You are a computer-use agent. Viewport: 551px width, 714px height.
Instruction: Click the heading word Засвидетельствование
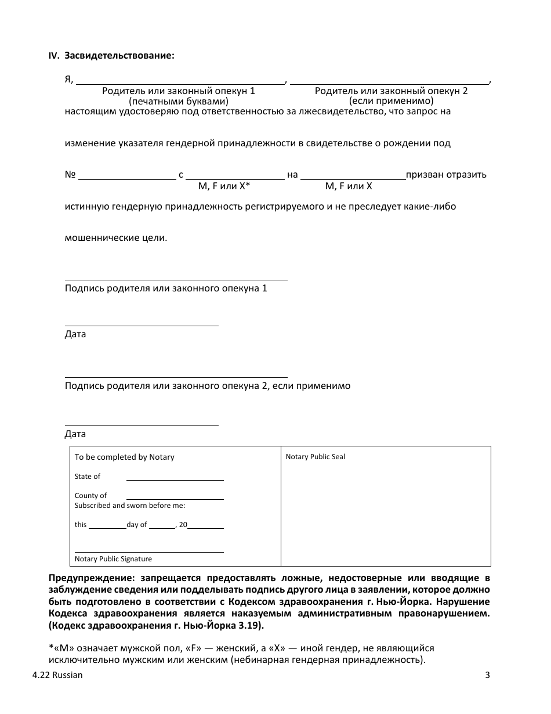pyautogui.click(x=119, y=56)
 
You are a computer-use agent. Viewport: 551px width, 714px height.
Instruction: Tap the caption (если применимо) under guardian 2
pyautogui.click(x=391, y=100)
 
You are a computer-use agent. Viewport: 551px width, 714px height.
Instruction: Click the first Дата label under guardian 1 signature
pyautogui.click(x=75, y=334)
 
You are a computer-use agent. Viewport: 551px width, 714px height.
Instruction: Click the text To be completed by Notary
pyautogui.click(x=124, y=457)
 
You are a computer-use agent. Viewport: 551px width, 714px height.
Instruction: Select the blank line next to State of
pyautogui.click(x=175, y=478)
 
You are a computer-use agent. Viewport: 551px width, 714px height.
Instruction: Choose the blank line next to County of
pyautogui.click(x=175, y=497)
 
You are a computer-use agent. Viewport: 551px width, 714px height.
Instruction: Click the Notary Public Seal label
pyautogui.click(x=315, y=457)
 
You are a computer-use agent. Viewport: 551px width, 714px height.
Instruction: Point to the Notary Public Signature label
pyautogui.click(x=113, y=559)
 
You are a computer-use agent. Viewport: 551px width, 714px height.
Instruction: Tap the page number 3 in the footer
pyautogui.click(x=487, y=675)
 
